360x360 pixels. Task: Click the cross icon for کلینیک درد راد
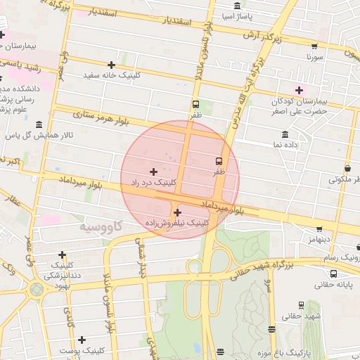[154, 172]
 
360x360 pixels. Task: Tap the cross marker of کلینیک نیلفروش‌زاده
[177, 212]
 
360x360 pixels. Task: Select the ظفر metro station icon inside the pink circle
[219, 161]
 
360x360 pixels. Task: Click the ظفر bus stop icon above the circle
[195, 104]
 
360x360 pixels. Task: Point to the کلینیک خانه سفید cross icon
[111, 65]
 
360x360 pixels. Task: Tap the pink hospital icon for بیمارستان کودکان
[300, 90]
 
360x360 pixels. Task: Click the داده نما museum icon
[285, 134]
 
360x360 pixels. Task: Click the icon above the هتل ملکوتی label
[347, 169]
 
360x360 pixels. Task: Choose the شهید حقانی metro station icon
[302, 305]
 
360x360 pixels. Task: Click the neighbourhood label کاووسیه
[101, 226]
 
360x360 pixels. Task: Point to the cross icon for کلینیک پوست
[82, 340]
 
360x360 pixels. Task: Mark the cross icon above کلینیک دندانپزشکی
[63, 255]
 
